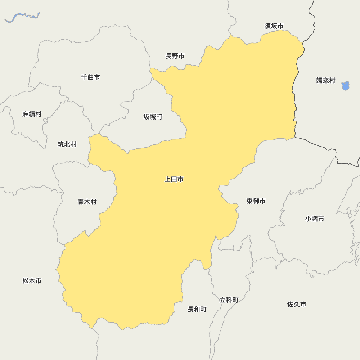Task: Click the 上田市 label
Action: (x=174, y=179)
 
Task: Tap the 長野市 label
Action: (x=175, y=56)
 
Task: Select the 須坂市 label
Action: (x=274, y=26)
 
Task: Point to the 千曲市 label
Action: (x=90, y=77)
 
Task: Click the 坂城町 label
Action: (x=153, y=117)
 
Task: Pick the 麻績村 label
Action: (x=32, y=114)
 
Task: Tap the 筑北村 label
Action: (x=67, y=144)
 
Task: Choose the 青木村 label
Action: (x=87, y=202)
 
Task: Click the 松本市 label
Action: (x=32, y=281)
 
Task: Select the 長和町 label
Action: (x=197, y=310)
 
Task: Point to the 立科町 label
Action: (x=229, y=300)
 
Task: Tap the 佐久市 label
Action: (x=297, y=305)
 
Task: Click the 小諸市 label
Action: (x=315, y=219)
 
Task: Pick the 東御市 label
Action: (x=256, y=201)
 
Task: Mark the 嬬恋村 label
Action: (x=326, y=81)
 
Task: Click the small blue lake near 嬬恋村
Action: (x=346, y=86)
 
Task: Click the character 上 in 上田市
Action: (x=168, y=179)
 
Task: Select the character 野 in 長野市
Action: (x=175, y=56)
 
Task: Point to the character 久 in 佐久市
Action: (x=297, y=305)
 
